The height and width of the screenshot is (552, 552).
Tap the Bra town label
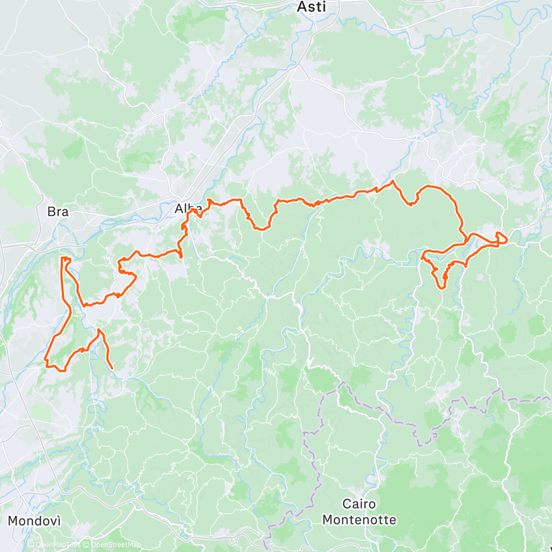[x=57, y=211]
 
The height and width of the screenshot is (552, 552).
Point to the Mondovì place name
[x=34, y=521]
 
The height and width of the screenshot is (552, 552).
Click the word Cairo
[x=359, y=504]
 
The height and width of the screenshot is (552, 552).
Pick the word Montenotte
[x=359, y=519]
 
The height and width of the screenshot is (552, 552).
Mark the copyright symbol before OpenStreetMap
[x=86, y=545]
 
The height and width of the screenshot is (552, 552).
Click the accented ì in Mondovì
[x=58, y=521]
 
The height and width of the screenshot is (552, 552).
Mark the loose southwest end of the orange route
[x=113, y=368]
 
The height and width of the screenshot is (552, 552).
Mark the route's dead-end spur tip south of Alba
[x=181, y=257]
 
